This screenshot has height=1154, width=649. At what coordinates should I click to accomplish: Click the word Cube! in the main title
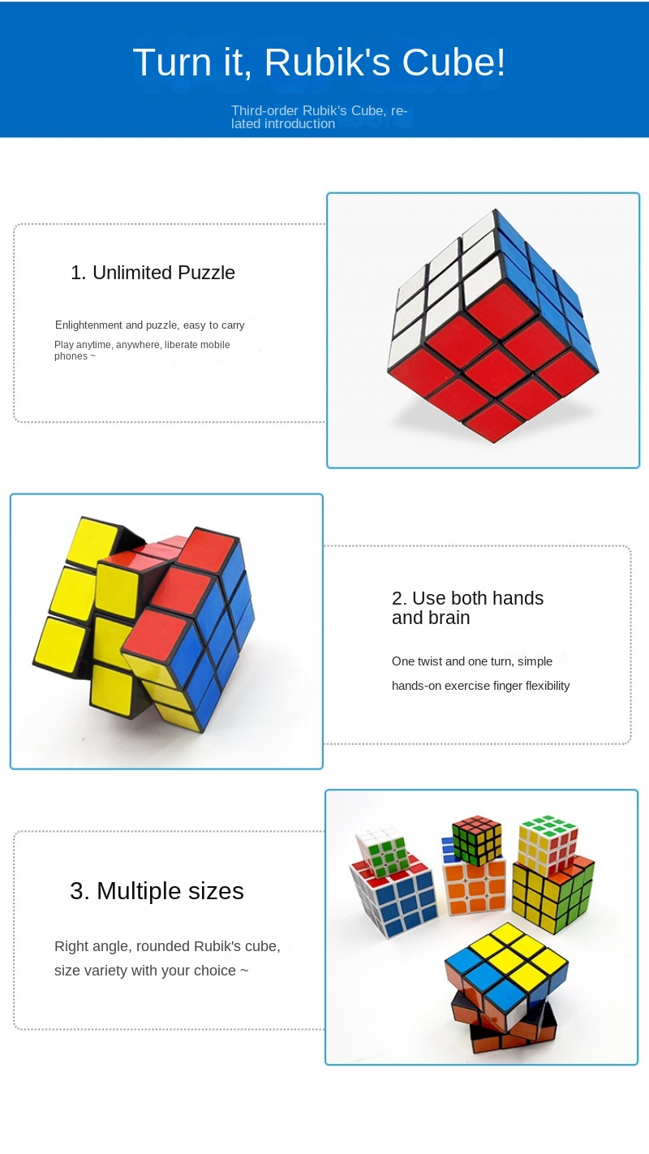(x=453, y=62)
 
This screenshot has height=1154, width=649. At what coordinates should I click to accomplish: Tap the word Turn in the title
(x=172, y=62)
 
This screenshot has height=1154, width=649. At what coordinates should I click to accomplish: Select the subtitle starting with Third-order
(x=319, y=117)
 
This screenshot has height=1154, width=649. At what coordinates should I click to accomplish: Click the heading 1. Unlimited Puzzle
(x=153, y=273)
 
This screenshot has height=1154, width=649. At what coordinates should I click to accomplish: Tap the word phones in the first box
(x=71, y=356)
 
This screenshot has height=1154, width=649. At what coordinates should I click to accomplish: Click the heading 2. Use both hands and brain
(x=467, y=608)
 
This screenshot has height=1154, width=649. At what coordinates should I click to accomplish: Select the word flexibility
(x=548, y=686)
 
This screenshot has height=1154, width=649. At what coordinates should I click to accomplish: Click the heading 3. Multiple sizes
(x=157, y=891)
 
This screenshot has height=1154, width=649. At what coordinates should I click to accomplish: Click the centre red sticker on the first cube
(x=494, y=366)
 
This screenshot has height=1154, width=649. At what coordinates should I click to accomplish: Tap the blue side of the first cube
(x=546, y=290)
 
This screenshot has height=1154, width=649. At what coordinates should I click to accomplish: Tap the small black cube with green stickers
(x=477, y=840)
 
